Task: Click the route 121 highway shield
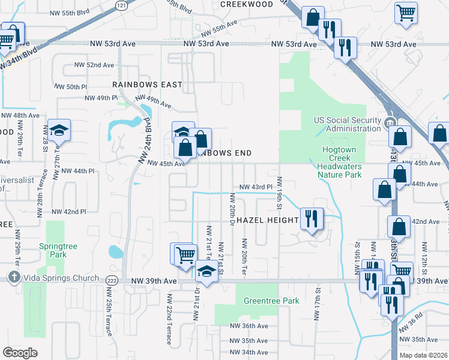pos(122,5)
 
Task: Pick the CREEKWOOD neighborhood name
pos(247,4)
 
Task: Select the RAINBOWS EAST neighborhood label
pos(147,85)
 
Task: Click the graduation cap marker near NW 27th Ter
pos(59,131)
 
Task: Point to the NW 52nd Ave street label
pos(94,65)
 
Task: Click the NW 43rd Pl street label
pos(256,187)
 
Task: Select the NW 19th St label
pos(279,193)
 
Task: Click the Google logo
pos(20,353)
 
